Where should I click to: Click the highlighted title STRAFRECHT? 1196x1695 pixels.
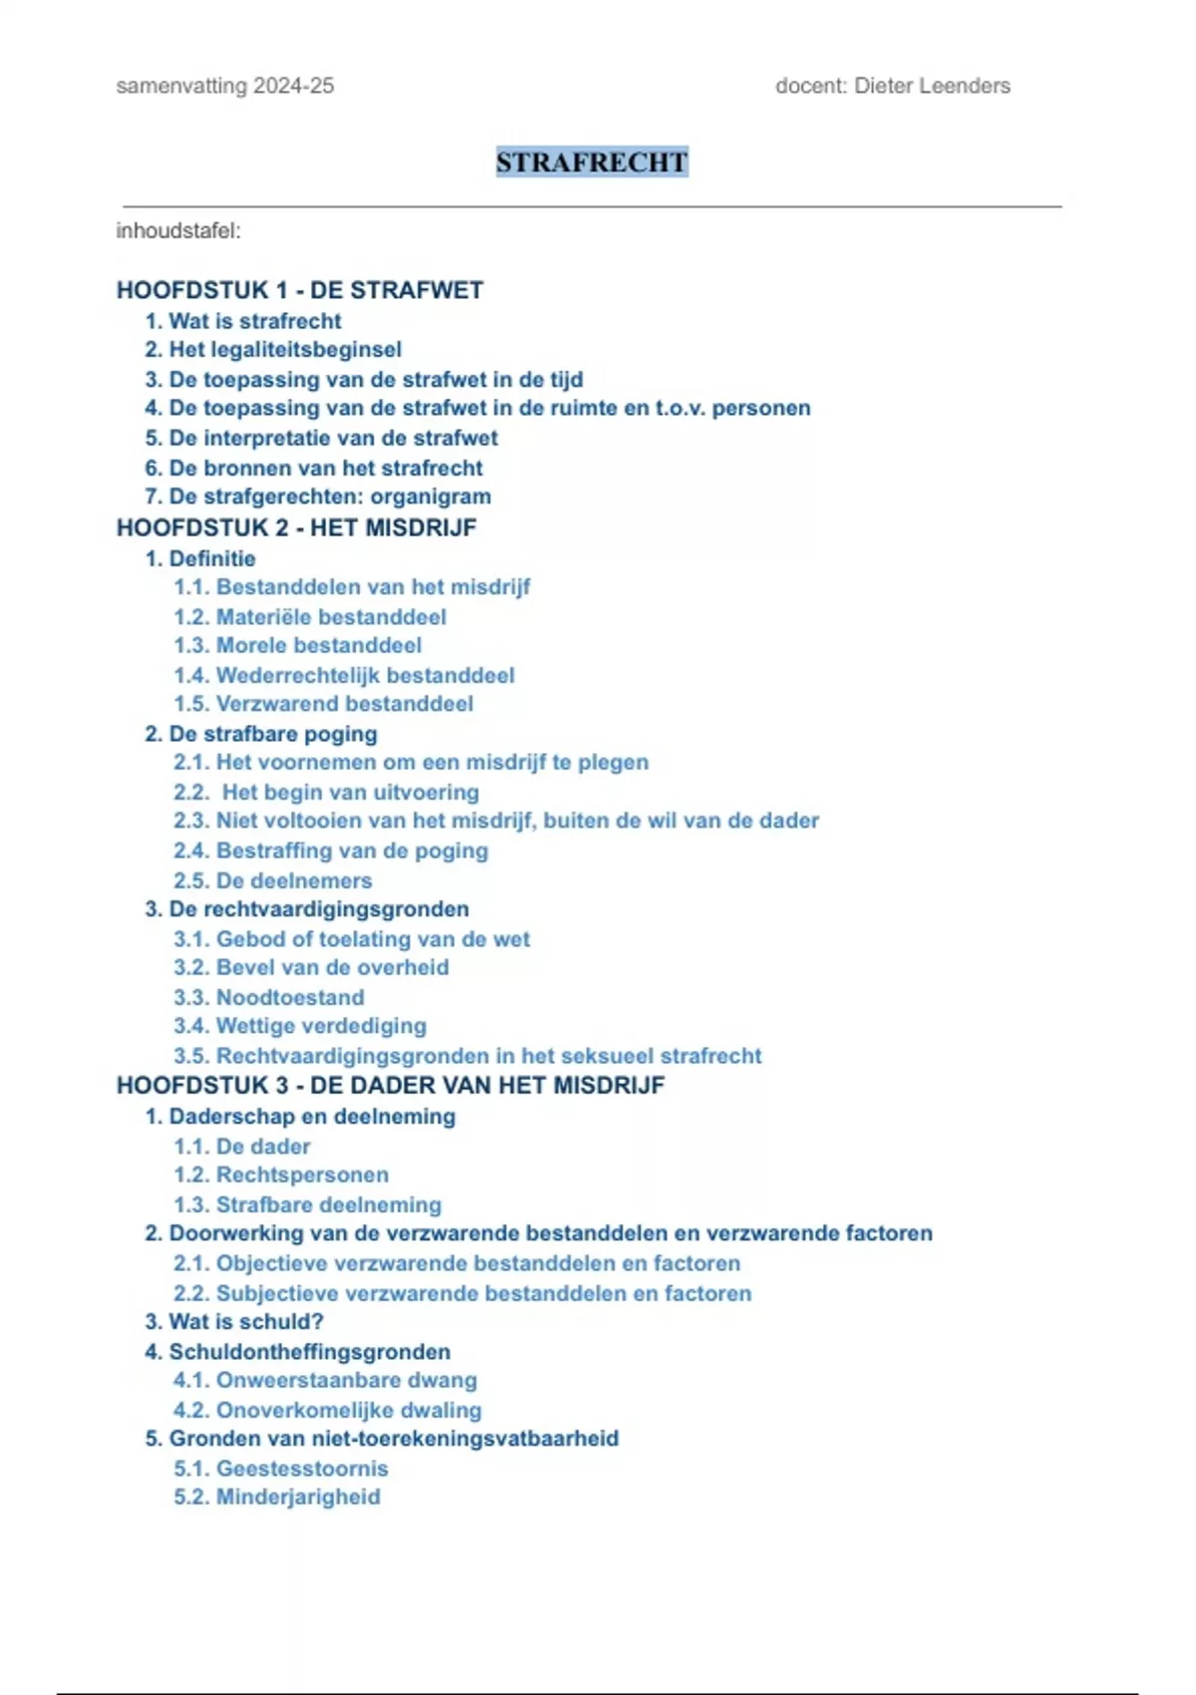point(592,163)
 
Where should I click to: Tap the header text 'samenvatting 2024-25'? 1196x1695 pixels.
point(225,86)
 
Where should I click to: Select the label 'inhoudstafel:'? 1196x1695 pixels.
point(178,231)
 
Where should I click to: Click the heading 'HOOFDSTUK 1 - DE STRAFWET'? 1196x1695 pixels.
point(300,290)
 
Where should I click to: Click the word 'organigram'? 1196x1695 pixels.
point(431,497)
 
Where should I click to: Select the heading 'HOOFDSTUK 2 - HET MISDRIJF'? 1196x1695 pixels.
point(297,527)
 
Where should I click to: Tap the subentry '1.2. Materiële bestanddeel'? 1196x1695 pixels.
point(310,617)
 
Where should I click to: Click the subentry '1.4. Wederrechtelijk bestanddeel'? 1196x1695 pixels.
point(344,675)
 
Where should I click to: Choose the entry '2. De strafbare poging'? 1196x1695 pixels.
point(261,734)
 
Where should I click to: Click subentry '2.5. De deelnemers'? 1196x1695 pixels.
point(273,880)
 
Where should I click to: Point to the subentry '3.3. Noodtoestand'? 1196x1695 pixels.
point(269,997)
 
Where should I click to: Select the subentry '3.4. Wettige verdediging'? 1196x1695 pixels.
point(300,1026)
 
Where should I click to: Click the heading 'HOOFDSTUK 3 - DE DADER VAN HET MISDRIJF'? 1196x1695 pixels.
point(391,1085)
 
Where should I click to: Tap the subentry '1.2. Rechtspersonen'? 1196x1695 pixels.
point(281,1175)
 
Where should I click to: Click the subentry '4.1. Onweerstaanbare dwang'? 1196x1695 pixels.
point(325,1380)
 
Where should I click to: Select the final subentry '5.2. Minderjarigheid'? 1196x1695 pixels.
point(277,1497)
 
